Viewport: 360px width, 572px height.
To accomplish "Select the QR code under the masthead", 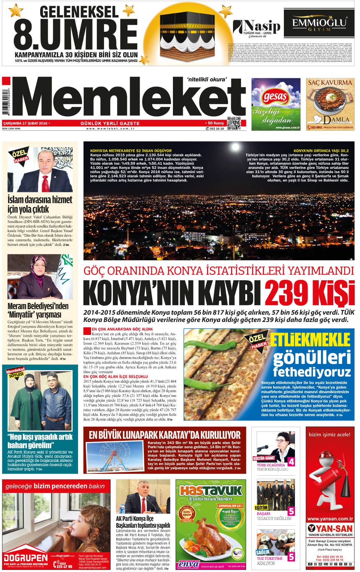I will tap(234, 123).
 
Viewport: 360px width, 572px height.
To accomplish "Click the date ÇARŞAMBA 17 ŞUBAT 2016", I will tap(25, 123).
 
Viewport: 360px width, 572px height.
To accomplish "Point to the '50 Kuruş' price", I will tap(216, 123).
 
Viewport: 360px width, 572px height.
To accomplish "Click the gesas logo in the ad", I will tap(275, 97).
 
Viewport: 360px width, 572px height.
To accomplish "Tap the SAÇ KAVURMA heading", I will tap(330, 83).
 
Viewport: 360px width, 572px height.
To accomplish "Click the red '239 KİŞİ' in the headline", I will tap(310, 293).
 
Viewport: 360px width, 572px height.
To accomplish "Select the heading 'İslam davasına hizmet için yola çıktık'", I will tap(39, 204).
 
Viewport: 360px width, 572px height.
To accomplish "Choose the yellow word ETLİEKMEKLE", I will tap(310, 340).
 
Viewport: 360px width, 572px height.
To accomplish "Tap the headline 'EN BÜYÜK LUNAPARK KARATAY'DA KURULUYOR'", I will tap(165, 435).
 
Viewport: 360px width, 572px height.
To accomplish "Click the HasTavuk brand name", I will tap(211, 491).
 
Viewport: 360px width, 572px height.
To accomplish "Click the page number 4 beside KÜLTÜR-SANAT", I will tap(291, 461).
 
